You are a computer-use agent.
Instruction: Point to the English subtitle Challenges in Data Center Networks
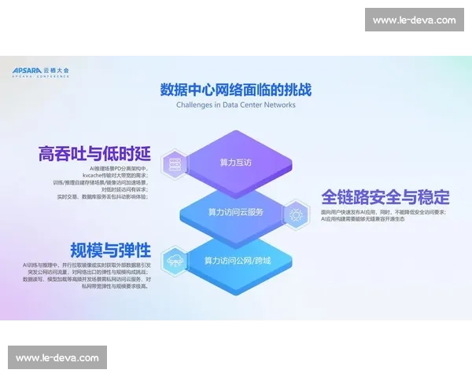[235, 104]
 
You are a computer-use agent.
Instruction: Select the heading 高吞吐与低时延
[93, 153]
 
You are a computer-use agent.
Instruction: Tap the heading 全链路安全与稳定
[385, 196]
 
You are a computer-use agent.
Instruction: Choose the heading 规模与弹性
[110, 251]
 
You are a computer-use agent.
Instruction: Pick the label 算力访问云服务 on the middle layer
[235, 212]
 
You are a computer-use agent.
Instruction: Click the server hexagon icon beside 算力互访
[171, 163]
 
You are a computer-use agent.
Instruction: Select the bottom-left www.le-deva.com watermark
[57, 358]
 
